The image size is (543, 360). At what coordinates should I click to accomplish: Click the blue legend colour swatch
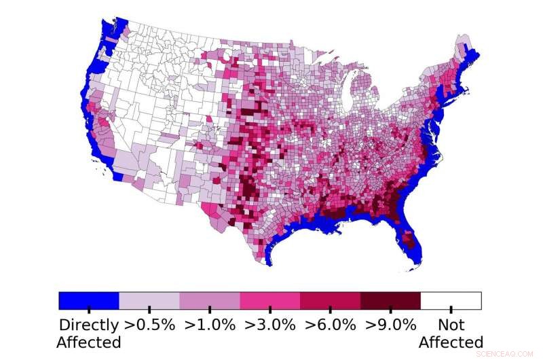point(89,300)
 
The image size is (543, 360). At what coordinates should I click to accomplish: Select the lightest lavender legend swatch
point(149,300)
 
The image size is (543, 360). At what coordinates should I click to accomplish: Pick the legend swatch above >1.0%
point(210,300)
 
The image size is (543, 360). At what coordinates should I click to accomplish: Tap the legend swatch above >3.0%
point(270,300)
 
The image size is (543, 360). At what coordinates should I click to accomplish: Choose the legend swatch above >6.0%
point(331,300)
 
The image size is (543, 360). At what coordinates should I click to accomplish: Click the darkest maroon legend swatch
point(390,300)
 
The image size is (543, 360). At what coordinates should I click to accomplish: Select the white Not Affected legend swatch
point(451,300)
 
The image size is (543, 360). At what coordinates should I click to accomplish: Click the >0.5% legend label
point(149,324)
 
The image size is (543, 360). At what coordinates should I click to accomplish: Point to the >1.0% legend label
point(210,324)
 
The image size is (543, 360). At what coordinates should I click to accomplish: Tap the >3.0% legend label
point(270,324)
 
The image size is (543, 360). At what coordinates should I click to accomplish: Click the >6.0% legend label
point(331,324)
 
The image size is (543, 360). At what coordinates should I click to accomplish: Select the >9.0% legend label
point(390,324)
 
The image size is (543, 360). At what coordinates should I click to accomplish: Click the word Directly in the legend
point(89,324)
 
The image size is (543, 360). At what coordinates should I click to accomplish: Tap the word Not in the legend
point(451,324)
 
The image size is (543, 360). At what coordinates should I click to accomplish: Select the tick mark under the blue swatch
point(89,310)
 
